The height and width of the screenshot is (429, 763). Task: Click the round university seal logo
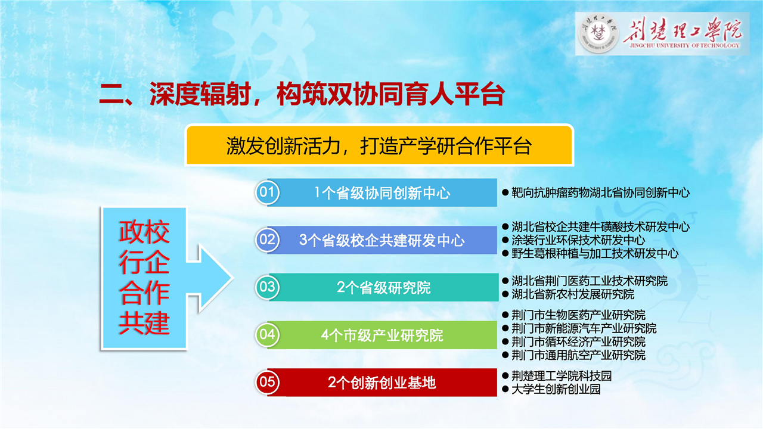599,34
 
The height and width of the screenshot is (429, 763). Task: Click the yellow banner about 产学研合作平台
379,145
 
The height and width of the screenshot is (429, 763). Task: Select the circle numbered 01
268,192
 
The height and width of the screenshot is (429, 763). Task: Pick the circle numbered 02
268,240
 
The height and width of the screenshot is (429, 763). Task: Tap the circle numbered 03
268,287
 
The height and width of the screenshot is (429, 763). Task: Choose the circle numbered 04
268,335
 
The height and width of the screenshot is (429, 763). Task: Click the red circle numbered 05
268,383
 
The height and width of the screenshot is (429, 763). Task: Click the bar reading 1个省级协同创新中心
382,192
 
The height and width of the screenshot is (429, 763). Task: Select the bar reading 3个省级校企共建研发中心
382,240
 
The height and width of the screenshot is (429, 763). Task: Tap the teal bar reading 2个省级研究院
383,287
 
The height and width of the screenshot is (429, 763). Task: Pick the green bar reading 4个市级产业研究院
382,335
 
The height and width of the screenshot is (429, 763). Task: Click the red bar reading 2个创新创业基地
382,383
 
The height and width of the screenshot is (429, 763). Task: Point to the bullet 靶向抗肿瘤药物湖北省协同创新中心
595,192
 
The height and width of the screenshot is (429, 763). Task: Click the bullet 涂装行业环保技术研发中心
573,240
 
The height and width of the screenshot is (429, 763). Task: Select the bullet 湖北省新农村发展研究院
568,294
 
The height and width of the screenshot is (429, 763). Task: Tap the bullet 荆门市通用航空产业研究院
573,355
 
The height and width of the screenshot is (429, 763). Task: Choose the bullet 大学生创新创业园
551,389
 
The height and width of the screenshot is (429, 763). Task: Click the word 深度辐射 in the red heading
200,94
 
